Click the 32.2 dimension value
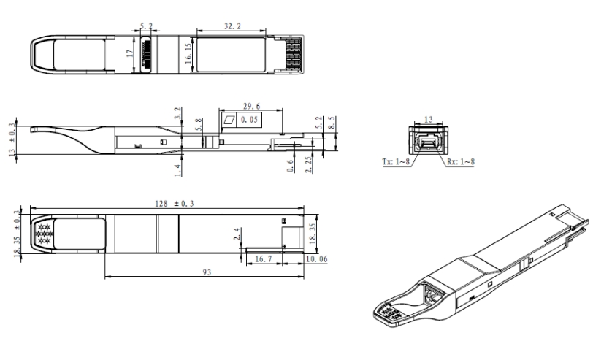point(232,26)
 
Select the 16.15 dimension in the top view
point(188,53)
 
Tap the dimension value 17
point(131,53)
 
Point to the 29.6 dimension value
point(251,106)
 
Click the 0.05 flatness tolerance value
point(249,120)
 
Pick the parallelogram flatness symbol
point(229,120)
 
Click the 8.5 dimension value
point(332,123)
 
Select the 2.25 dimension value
point(309,164)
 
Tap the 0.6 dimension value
point(290,166)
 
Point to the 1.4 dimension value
point(177,170)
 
